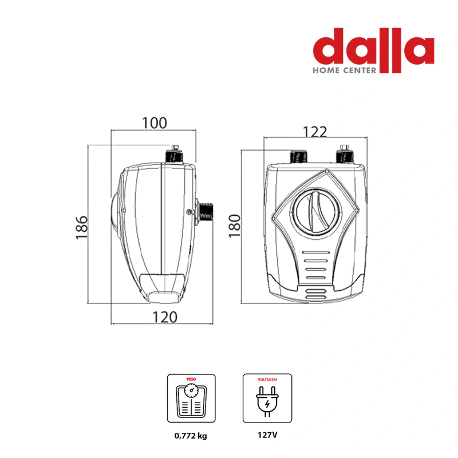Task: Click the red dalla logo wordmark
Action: pos(373,50)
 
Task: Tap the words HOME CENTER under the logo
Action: pos(345,70)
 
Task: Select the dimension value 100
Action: pos(155,123)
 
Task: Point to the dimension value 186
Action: pos(81,227)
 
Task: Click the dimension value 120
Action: pos(165,317)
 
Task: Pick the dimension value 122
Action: pos(315,132)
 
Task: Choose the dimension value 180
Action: pos(235,226)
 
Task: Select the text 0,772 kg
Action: pos(191,436)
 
